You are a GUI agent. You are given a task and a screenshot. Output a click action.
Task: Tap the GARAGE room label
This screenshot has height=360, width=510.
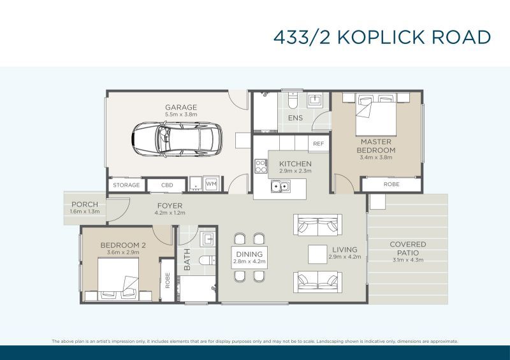point(180,107)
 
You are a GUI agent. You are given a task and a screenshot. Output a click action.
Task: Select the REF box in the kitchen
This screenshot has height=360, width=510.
point(319,144)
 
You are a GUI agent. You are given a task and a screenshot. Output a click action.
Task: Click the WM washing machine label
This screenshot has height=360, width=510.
point(212,185)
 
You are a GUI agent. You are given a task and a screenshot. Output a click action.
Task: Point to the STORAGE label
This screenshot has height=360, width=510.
point(126,185)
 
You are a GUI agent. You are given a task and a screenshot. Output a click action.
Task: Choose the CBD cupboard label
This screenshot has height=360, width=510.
point(167,185)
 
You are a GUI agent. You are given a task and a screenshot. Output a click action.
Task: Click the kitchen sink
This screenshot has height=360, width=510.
point(279,187)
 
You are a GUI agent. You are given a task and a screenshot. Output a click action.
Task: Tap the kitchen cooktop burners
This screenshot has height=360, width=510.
point(261,166)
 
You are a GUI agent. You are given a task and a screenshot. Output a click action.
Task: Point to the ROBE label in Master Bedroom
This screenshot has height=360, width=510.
point(392,184)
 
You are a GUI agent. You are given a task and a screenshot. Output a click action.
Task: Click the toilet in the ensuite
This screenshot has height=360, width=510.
point(292,102)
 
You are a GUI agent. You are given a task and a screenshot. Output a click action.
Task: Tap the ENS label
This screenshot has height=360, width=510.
point(295,118)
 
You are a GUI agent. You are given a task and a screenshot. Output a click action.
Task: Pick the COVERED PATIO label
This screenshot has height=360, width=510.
point(408,248)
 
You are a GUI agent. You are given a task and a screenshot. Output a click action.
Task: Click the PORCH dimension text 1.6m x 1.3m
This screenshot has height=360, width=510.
point(85,211)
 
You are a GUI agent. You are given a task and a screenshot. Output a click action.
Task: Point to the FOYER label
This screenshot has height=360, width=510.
point(170,206)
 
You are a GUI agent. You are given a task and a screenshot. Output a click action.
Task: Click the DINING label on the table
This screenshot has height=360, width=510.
point(249,254)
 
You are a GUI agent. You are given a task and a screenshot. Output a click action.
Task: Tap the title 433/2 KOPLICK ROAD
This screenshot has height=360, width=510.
point(382,37)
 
